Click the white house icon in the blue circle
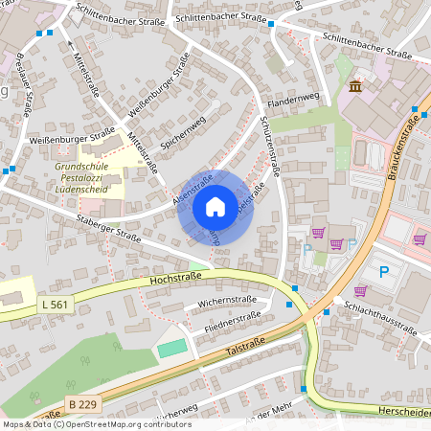(x=215, y=207)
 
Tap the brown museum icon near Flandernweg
(x=355, y=87)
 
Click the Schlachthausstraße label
(x=381, y=321)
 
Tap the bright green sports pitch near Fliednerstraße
(x=172, y=349)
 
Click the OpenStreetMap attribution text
(x=96, y=423)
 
